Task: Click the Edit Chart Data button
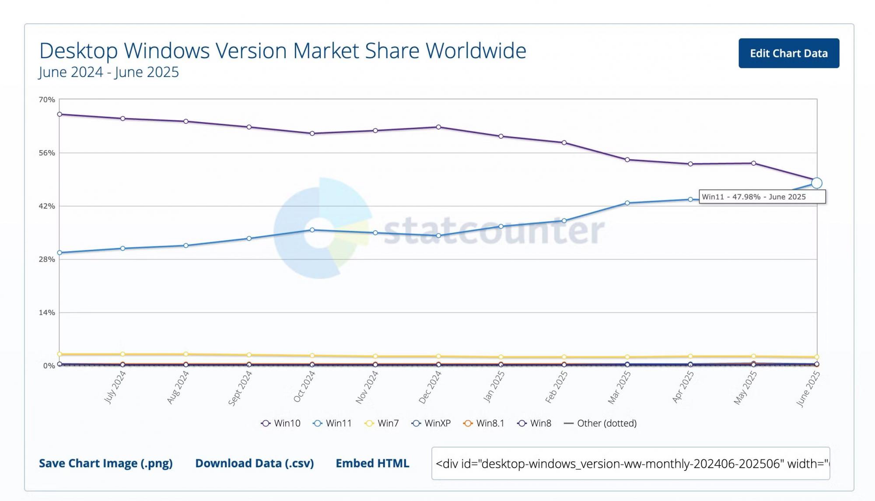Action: pos(788,53)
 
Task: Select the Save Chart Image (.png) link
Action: pos(105,463)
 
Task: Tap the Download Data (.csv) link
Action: pos(254,463)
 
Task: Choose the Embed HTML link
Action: pos(372,463)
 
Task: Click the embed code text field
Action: pos(630,463)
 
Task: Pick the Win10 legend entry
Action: pos(281,424)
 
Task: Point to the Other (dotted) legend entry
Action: pos(600,424)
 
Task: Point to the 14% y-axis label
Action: pos(47,313)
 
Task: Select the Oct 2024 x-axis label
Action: pos(304,387)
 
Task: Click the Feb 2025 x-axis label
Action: pos(556,387)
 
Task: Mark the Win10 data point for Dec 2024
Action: pos(438,127)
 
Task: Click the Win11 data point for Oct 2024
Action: pos(312,230)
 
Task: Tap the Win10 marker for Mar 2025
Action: pos(627,160)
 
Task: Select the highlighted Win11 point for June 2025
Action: pos(816,183)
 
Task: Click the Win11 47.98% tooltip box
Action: pos(762,197)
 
